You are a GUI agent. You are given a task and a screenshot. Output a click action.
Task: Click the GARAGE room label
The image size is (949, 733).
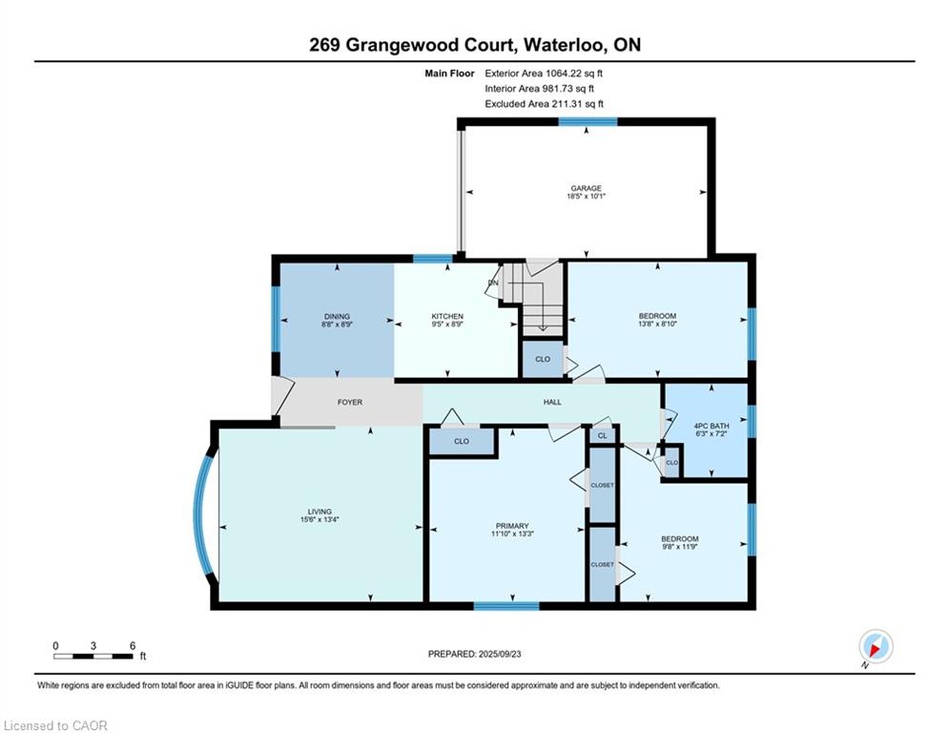coord(587,188)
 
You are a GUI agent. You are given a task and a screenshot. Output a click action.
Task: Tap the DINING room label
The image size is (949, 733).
coord(337,317)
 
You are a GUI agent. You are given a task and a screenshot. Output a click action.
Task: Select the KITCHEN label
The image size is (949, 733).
coord(447,317)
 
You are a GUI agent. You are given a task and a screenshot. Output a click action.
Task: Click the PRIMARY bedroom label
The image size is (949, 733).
coord(512,526)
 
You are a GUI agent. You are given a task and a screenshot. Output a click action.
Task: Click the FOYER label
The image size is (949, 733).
coord(350,403)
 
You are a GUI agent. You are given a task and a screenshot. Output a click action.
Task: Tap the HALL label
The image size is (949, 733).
coord(552,403)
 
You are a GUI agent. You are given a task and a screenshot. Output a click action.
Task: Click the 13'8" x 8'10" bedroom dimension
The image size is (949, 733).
coord(657,325)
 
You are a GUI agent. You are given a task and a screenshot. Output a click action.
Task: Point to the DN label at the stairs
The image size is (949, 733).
coord(493,283)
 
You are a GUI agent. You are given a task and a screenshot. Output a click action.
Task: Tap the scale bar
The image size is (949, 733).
coord(93,655)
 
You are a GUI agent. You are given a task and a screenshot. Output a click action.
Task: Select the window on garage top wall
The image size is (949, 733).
coord(587,121)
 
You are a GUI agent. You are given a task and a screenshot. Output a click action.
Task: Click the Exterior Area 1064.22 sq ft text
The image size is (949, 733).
coord(544,73)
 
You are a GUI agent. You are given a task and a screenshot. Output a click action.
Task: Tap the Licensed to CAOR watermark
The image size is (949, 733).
coord(56,725)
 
